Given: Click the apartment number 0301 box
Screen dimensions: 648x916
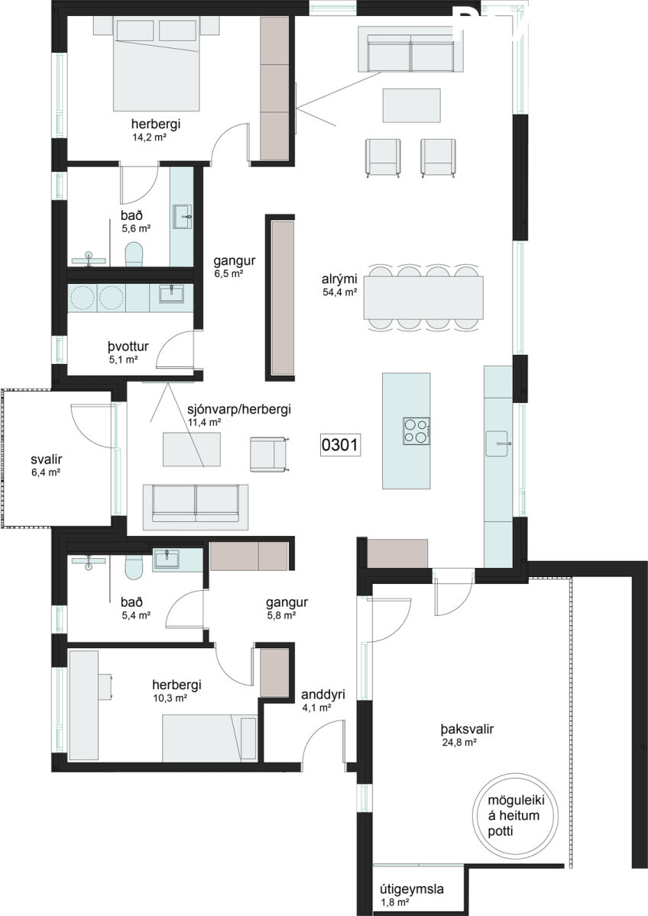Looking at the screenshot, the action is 340,445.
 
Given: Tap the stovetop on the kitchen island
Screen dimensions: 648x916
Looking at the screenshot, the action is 416,431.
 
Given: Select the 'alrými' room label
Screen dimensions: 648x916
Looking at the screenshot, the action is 339,279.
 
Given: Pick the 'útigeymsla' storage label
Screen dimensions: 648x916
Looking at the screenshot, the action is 412,889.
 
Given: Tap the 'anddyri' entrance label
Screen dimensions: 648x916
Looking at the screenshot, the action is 323,695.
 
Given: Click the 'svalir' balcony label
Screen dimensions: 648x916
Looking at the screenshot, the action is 47,460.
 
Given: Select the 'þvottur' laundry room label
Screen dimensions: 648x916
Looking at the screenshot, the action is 128,347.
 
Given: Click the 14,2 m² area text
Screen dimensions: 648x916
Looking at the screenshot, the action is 149,137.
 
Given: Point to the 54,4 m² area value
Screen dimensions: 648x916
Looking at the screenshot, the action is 340,292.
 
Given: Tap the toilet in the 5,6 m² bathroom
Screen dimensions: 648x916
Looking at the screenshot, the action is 134,255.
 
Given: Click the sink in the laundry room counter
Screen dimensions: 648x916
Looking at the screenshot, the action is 171,294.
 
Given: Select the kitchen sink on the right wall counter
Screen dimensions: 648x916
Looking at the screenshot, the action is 497,443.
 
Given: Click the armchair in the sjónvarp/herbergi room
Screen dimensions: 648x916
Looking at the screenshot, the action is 269,454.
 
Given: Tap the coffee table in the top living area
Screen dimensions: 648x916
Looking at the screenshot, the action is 412,105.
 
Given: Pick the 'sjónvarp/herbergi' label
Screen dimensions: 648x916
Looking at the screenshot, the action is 239,409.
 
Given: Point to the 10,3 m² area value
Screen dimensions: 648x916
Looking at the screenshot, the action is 170,698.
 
